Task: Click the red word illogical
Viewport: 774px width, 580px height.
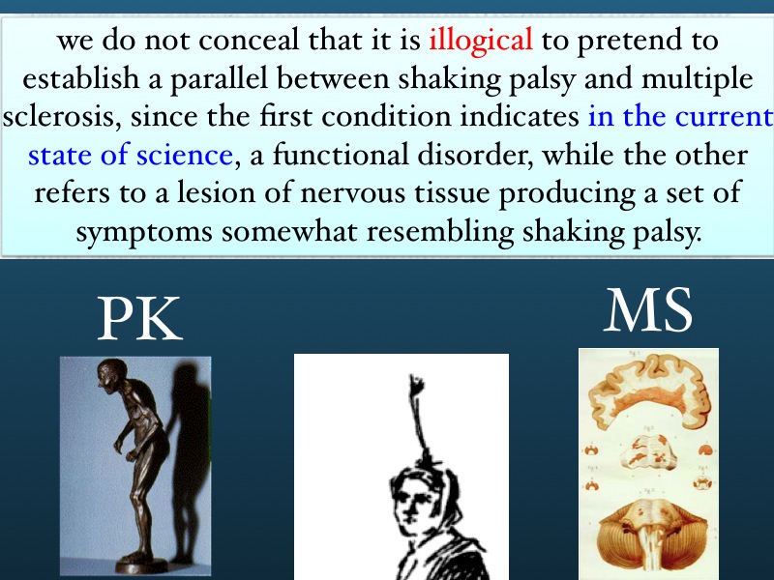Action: [480, 40]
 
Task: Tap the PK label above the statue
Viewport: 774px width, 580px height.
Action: [140, 319]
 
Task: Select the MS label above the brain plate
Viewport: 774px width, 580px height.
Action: [648, 310]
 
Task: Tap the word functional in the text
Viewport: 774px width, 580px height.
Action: [341, 155]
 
